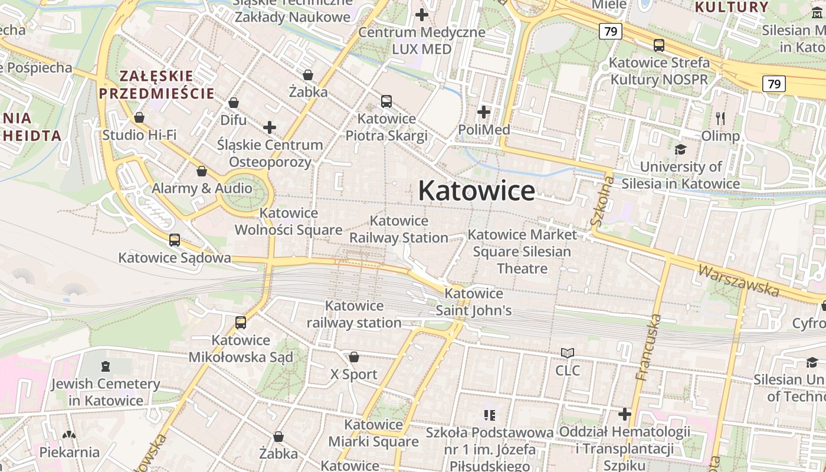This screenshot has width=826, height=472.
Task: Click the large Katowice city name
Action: (x=477, y=191)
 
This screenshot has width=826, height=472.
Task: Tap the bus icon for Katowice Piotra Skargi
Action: (x=386, y=101)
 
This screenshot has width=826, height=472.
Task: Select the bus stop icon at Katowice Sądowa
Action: (x=174, y=240)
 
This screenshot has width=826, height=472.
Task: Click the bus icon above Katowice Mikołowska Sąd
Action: (x=240, y=323)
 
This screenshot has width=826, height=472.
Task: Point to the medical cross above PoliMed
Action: (x=484, y=112)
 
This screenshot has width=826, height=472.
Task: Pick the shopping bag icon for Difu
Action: (x=234, y=103)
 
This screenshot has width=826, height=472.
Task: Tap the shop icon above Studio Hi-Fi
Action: (x=139, y=117)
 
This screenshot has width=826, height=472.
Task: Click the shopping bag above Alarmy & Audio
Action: (x=202, y=171)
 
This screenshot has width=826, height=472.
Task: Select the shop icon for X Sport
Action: (x=354, y=357)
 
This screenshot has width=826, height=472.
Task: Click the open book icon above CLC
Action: (x=568, y=353)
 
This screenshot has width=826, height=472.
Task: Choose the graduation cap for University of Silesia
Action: (x=681, y=149)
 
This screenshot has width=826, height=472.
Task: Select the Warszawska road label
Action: (x=738, y=280)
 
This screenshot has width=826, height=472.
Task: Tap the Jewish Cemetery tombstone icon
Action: (x=106, y=366)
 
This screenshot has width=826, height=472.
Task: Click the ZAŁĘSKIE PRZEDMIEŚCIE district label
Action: (x=156, y=84)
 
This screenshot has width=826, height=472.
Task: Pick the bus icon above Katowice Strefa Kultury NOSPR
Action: (x=659, y=45)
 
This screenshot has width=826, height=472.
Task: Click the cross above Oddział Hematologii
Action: (x=624, y=414)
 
